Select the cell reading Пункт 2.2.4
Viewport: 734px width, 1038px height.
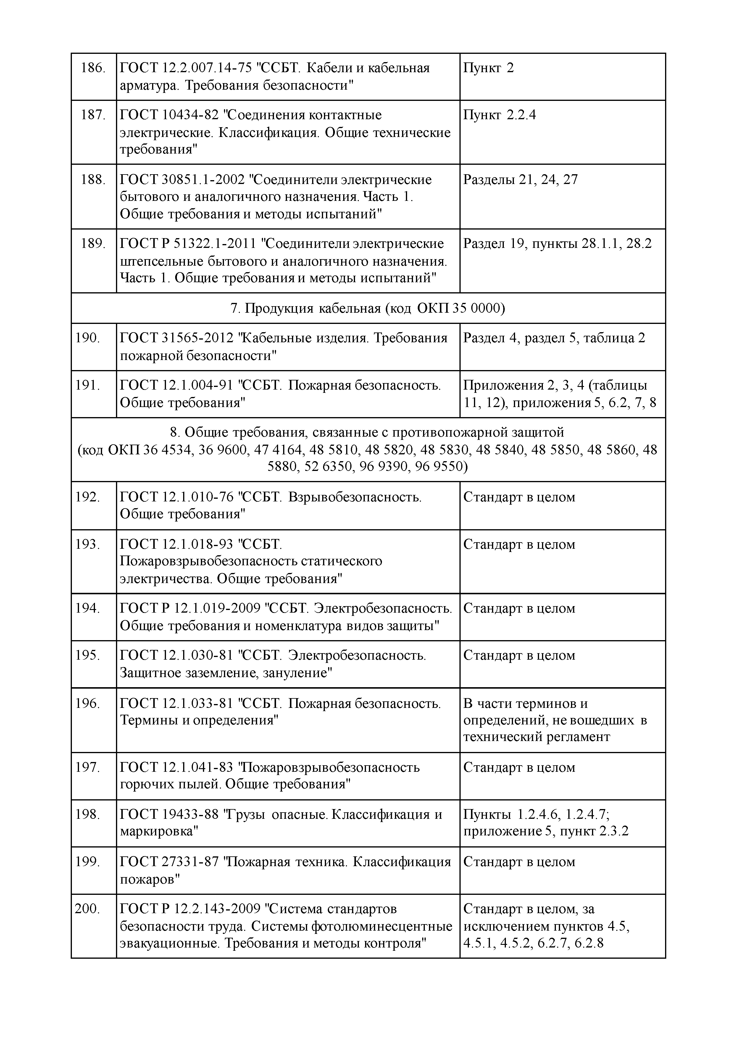499,115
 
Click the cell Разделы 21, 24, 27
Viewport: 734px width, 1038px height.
520,180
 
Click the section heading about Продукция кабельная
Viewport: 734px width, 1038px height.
368,308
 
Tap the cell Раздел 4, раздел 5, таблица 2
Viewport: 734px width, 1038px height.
554,338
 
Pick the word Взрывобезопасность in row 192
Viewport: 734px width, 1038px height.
354,497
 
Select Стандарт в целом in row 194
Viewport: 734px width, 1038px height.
519,608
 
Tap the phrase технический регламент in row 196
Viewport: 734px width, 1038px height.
536,737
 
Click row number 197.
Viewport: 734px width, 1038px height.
87,768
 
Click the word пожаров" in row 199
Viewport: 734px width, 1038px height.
150,879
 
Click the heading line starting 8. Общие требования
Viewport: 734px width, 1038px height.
367,433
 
